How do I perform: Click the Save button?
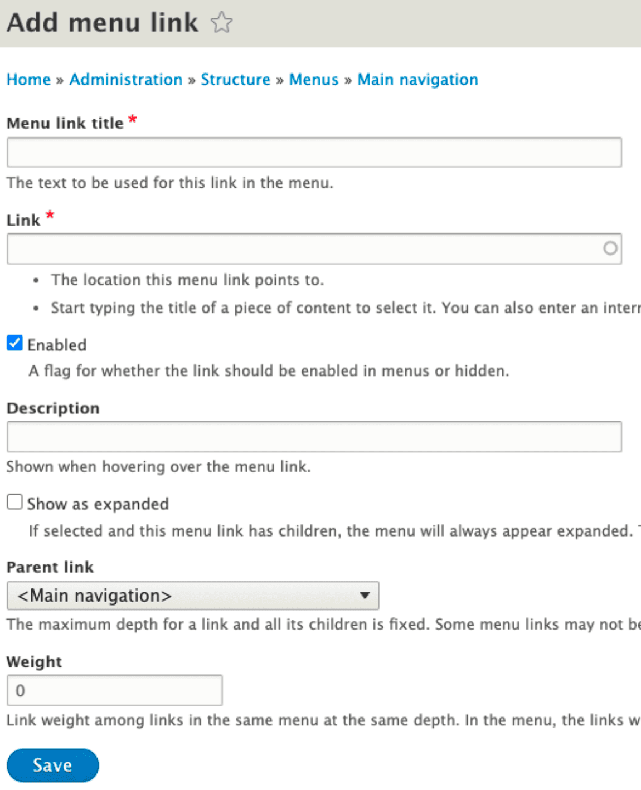(x=52, y=765)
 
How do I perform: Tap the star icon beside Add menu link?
(x=221, y=23)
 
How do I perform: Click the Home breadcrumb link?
(x=28, y=80)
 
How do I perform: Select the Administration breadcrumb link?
(x=126, y=80)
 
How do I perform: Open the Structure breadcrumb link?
(x=235, y=80)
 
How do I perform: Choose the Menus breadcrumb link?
(x=313, y=80)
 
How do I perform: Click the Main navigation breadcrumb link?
(x=417, y=80)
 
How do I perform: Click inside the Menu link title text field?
(x=314, y=152)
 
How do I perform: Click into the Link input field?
(x=304, y=248)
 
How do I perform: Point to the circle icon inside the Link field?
(x=610, y=248)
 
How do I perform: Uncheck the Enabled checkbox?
(x=15, y=343)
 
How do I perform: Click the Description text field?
(x=314, y=437)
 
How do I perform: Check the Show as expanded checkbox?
(x=15, y=503)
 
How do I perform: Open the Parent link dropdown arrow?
(x=365, y=596)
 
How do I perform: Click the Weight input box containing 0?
(x=114, y=690)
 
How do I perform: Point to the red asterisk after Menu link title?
(x=133, y=119)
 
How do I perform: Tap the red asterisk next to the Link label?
(x=50, y=215)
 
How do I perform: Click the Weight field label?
(x=34, y=662)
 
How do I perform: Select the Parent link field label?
(x=50, y=567)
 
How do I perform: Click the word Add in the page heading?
(x=32, y=23)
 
